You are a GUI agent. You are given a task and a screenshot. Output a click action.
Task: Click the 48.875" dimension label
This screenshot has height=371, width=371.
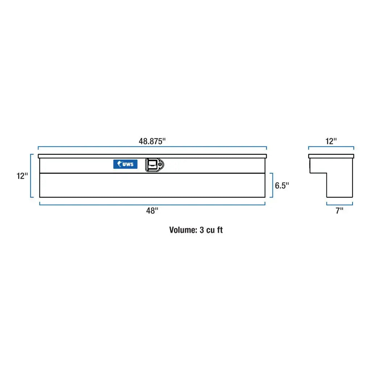pos(152,141)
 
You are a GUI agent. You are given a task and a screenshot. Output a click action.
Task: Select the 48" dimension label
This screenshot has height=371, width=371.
pos(152,210)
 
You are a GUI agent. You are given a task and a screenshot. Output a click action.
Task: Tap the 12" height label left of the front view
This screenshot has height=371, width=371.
pos(22,176)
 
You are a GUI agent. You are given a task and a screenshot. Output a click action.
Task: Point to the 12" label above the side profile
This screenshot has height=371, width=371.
pos(331,141)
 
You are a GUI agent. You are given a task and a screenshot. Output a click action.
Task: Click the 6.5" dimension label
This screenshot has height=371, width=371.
pos(282,185)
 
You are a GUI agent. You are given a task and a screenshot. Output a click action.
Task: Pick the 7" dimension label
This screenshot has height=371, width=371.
pos(339,210)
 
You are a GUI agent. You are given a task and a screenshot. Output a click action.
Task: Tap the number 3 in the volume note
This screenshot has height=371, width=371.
pos(202,230)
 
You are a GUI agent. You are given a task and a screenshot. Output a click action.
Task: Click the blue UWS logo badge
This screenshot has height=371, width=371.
pos(125,164)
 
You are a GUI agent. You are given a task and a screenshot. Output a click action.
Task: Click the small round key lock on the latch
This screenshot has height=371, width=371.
pos(160,165)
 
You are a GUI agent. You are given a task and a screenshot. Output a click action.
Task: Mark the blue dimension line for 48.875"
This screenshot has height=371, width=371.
pos(152,147)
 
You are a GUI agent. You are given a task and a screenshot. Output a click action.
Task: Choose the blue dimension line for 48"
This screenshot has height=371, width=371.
pos(152,205)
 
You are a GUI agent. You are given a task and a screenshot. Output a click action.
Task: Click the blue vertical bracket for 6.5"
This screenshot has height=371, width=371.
pos(272,185)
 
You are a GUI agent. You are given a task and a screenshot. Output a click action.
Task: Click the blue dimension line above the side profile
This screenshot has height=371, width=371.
pos(331,147)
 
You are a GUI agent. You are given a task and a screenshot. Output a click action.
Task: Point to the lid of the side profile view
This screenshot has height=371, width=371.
pos(331,156)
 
